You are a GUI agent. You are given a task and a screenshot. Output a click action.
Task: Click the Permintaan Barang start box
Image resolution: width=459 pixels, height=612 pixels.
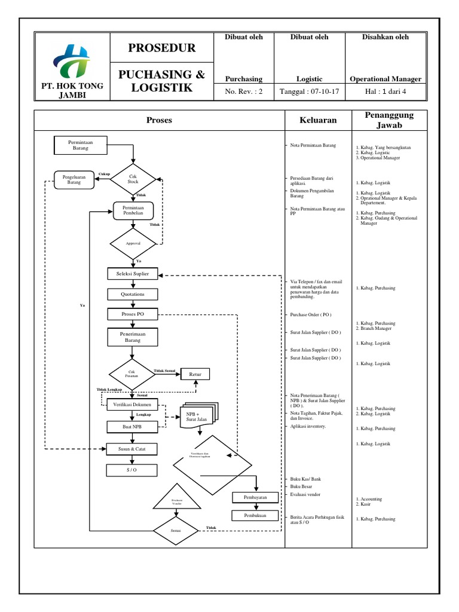(80, 145)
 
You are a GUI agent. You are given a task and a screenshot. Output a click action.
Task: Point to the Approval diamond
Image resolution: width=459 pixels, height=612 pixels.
(133, 243)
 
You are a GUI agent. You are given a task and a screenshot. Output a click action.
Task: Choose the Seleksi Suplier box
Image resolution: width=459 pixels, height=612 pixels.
(133, 274)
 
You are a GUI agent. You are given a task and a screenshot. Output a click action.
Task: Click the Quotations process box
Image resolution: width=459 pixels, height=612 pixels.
(133, 294)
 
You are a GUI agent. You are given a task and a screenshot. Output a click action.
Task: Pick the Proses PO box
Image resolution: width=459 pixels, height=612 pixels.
(133, 314)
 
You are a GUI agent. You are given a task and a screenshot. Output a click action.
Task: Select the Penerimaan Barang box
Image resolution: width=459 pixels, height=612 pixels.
(133, 336)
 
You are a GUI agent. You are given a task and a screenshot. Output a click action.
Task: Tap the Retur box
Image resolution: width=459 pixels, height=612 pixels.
(195, 374)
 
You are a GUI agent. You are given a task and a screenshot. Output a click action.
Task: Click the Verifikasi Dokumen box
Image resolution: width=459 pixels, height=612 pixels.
(133, 405)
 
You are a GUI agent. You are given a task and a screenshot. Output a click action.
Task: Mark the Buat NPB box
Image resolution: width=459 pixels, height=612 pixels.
(133, 427)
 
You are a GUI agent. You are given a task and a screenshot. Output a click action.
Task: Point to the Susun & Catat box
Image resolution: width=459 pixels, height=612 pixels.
(133, 448)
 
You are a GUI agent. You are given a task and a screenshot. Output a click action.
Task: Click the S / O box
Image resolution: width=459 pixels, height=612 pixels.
(133, 470)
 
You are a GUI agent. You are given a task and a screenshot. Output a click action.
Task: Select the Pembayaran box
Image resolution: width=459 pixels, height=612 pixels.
(255, 497)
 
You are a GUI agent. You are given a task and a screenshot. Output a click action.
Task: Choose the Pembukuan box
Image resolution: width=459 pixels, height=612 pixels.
(255, 515)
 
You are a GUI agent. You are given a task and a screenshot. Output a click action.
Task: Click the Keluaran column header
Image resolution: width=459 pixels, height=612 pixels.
(318, 120)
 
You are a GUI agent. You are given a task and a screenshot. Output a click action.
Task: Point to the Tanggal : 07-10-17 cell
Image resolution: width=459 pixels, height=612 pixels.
(310, 91)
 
